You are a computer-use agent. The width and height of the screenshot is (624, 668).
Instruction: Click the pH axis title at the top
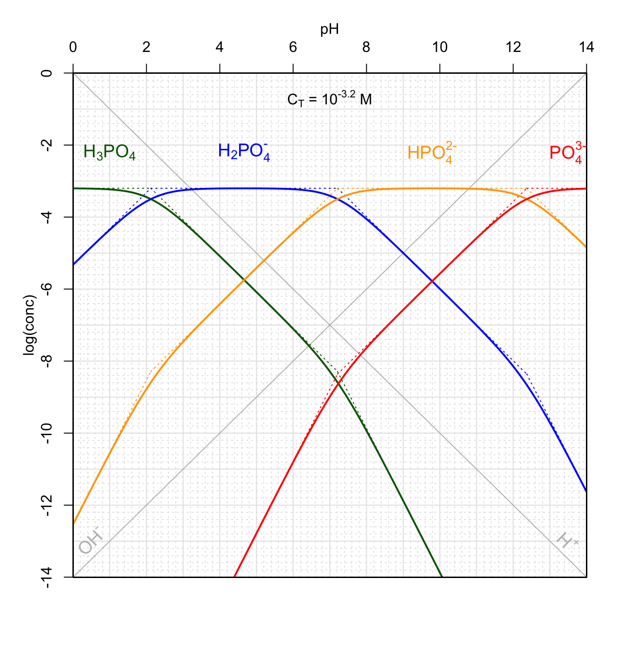pos(330,30)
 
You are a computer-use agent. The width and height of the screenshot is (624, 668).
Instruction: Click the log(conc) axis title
pos(30,325)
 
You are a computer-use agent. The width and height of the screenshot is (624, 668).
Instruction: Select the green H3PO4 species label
pos(110,152)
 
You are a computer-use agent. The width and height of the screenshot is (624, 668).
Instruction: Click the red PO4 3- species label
pos(567,153)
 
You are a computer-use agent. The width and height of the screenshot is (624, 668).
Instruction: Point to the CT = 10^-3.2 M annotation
pos(330,99)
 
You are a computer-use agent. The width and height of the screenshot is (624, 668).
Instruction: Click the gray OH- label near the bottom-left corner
pos(90,541)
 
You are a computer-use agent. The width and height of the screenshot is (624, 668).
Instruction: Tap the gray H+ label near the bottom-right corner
pos(567,541)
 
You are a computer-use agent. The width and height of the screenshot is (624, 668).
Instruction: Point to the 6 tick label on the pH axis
pos(293,47)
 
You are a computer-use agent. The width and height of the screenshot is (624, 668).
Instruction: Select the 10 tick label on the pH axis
pos(440,47)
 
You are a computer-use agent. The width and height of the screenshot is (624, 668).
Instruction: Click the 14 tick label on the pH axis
pos(586,47)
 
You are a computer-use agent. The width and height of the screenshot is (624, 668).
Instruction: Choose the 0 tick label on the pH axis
pos(73,47)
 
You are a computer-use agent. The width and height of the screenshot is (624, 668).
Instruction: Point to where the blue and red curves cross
pos(432,281)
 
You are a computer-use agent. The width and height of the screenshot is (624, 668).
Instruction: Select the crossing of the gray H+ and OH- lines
pos(330,325)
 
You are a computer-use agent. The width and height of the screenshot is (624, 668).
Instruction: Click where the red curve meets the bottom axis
pos(234,577)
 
